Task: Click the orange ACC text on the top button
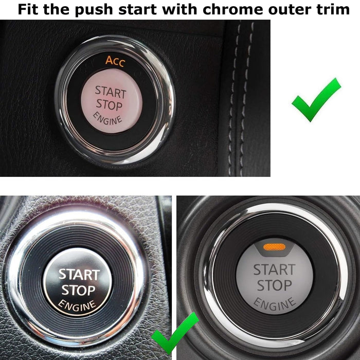115,60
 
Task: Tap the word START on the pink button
110,93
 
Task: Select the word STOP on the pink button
109,106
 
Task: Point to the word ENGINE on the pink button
108,119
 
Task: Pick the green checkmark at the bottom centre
174,335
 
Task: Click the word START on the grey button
274,269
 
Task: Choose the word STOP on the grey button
274,285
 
